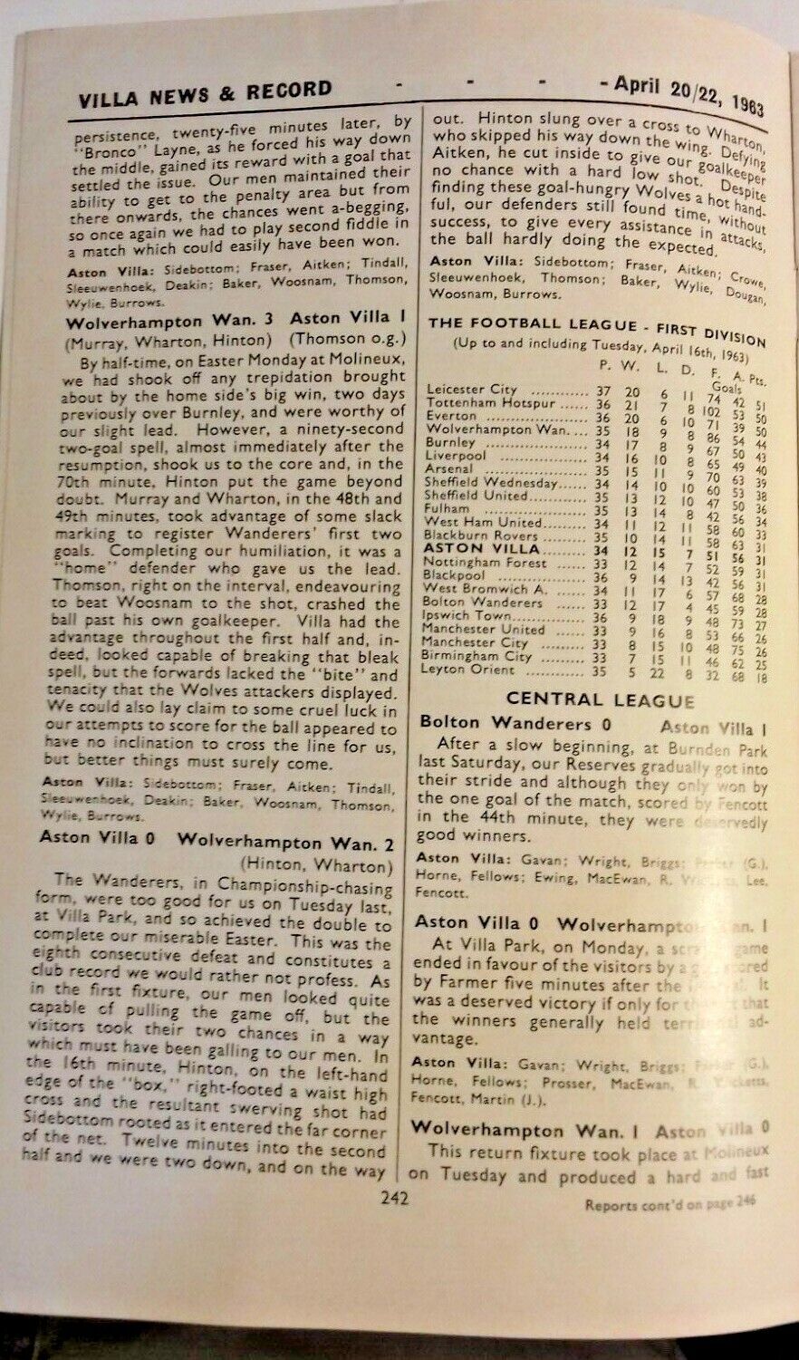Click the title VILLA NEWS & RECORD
(x=205, y=91)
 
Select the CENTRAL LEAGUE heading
(x=600, y=699)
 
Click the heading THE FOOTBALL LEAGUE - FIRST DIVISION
(x=597, y=326)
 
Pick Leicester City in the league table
(x=472, y=389)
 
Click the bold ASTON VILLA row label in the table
(x=482, y=549)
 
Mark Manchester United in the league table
(x=485, y=629)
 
